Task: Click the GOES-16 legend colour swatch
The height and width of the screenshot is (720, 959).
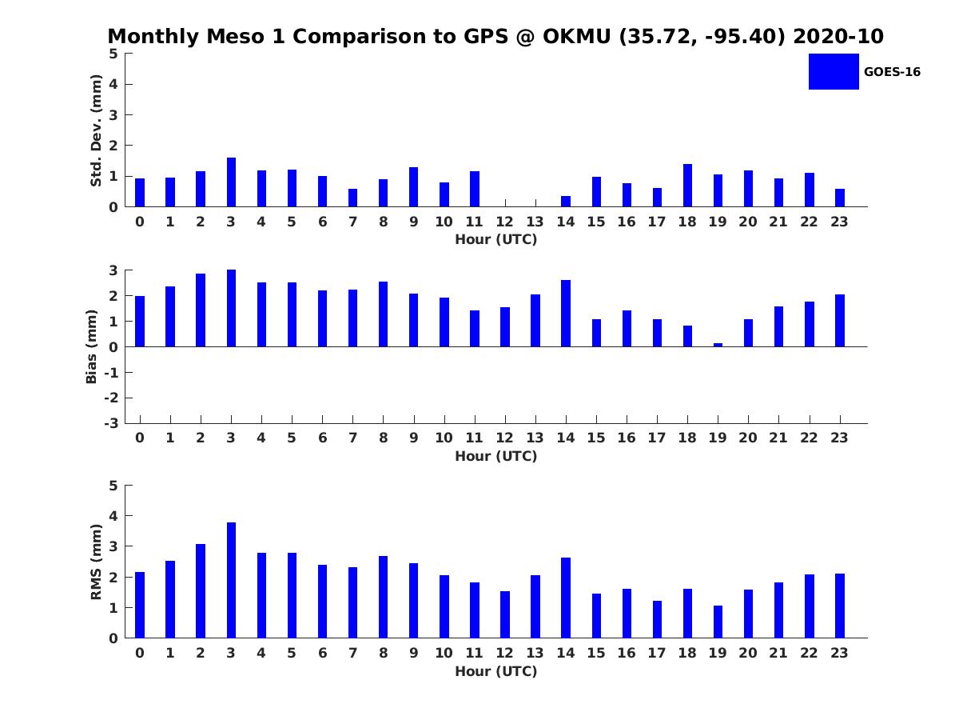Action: point(834,72)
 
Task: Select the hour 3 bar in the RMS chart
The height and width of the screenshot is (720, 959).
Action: point(231,580)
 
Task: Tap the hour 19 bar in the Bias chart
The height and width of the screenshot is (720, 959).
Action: point(718,345)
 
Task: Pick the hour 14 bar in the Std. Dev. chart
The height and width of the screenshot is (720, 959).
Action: point(566,202)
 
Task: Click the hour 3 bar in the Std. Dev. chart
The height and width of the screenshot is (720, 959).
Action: point(231,182)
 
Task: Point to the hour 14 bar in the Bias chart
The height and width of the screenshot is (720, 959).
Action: point(566,314)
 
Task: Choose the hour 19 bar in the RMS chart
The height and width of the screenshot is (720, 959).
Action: point(718,622)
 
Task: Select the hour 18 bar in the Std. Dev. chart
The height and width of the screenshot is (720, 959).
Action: point(687,186)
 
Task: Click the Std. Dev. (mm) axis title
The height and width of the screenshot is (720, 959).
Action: point(96,130)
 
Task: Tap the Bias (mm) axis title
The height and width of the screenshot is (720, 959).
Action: point(91,346)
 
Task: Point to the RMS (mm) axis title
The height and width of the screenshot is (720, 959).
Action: point(96,562)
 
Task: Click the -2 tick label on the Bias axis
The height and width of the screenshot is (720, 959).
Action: point(111,398)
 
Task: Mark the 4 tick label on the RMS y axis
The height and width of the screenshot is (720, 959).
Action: point(113,516)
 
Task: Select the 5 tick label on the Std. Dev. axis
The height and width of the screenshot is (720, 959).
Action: point(113,54)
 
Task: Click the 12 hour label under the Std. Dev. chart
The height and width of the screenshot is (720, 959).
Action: point(504,222)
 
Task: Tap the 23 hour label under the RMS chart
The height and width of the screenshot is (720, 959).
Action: point(839,653)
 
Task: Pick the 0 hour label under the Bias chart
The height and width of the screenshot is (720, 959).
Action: point(140,438)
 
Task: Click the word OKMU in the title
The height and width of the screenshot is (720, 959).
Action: point(577,36)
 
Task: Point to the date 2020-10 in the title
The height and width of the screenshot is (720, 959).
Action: point(838,36)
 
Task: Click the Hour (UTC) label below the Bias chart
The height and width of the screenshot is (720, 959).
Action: point(496,456)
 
